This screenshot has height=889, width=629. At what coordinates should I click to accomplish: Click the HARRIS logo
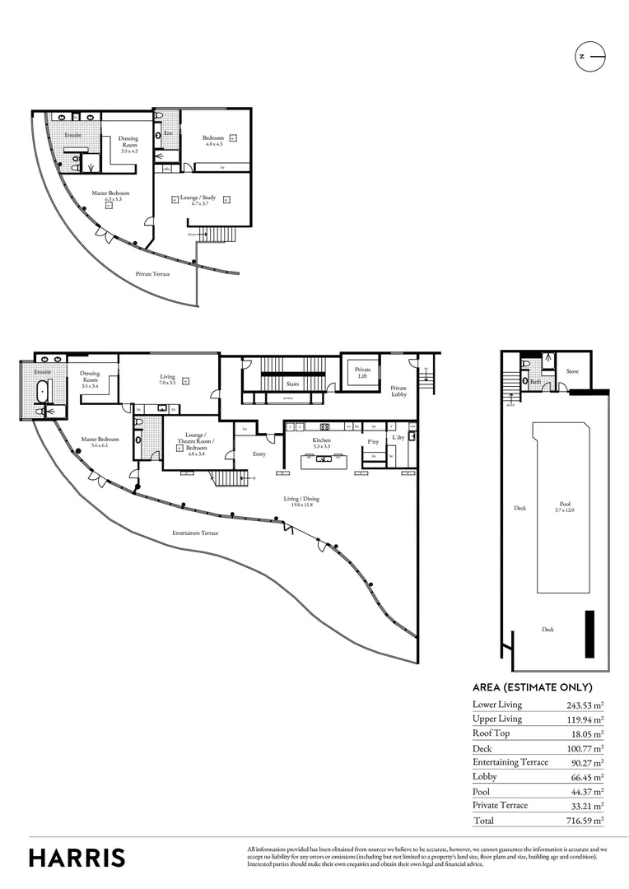tap(77, 857)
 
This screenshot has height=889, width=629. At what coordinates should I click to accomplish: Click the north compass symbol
tap(589, 56)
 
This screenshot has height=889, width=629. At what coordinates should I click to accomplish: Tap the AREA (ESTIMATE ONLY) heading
tap(532, 687)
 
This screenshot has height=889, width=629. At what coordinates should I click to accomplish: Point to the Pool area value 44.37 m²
tap(586, 791)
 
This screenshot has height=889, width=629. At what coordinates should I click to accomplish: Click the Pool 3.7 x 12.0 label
tap(565, 506)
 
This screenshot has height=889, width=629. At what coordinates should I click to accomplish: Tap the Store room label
tap(572, 371)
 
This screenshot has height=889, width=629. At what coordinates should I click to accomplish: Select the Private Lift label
tap(362, 373)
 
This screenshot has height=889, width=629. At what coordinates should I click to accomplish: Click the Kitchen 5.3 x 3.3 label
tap(321, 444)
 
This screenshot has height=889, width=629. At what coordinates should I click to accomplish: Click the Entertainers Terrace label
tap(195, 533)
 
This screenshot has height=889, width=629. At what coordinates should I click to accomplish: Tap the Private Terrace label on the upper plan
tap(152, 273)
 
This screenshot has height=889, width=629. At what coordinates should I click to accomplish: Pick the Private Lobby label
tap(398, 390)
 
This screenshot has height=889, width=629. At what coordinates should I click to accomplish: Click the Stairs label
tap(291, 384)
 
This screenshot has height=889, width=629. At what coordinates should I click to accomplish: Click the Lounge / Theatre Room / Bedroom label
tap(195, 443)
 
